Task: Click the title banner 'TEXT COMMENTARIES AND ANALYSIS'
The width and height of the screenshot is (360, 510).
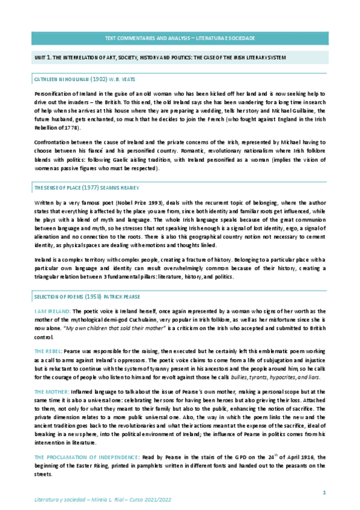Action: pos(180,38)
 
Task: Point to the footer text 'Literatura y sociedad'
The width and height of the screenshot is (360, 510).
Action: pos(57,499)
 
